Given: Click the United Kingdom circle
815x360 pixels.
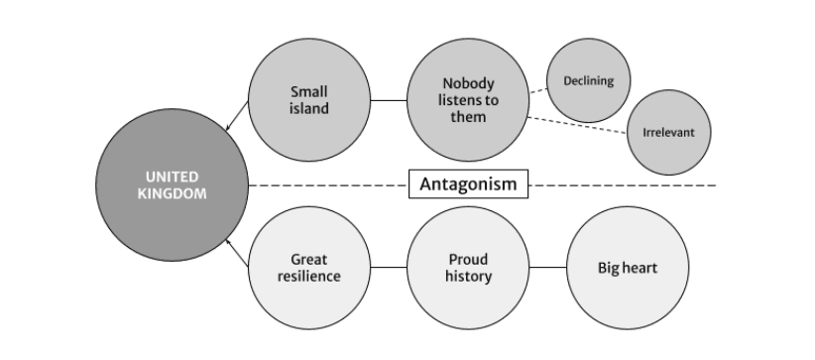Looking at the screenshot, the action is [173, 184].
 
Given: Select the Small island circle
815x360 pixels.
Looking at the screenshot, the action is [309, 100].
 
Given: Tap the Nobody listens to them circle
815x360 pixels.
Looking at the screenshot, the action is [468, 100].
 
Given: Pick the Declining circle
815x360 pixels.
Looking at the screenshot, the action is [588, 80].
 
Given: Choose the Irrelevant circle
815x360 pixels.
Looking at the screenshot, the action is [668, 132].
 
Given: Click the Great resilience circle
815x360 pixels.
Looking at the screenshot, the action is [309, 268].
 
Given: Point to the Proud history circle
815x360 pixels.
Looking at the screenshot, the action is [468, 268].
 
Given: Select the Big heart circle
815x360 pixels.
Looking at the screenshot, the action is [628, 268].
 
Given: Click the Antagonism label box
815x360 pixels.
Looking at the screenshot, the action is [468, 184].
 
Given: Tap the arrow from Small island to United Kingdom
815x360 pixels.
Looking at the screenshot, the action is [237, 115].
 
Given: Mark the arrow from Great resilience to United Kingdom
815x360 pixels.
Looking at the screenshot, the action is [237, 253].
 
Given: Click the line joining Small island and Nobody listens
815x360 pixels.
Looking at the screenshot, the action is [389, 100].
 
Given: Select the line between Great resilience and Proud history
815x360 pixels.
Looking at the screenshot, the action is [389, 268].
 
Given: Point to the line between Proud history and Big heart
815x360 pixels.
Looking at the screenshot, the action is [548, 268].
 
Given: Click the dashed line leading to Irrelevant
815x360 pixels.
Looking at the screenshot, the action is [577, 125].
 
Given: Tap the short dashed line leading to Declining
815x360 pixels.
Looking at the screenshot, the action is [538, 91].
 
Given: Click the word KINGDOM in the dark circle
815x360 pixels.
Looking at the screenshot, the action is [173, 193].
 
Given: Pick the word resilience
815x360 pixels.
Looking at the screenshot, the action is [309, 277].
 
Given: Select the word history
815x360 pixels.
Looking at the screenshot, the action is [468, 277].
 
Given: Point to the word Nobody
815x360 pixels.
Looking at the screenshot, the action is [468, 83].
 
